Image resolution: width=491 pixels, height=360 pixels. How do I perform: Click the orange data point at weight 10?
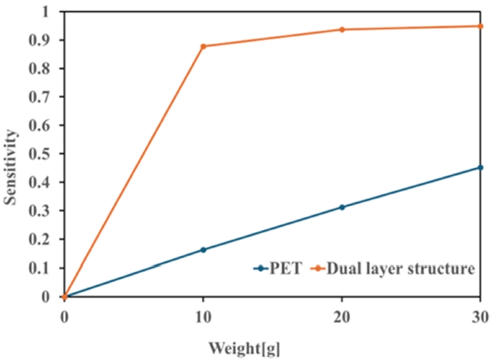tap(203, 46)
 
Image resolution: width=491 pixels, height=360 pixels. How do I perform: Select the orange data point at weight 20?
tap(342, 30)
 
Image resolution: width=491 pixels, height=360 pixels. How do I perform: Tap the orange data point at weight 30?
tap(481, 26)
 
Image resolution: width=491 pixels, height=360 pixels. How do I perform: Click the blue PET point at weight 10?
tap(203, 250)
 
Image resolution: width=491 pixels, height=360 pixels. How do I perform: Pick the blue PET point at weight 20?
tap(342, 207)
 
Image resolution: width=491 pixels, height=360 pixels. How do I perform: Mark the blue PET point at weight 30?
tap(481, 167)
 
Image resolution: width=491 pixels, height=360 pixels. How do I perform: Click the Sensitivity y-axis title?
tap(10, 160)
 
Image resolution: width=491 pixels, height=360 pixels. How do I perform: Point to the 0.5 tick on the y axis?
tap(45, 154)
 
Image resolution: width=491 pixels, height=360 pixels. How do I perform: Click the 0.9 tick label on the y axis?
tap(45, 40)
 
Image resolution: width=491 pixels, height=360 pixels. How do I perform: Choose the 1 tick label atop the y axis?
tap(50, 11)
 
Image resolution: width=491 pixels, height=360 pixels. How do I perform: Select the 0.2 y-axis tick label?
tap(45, 240)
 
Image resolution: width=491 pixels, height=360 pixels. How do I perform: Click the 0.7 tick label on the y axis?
tap(45, 97)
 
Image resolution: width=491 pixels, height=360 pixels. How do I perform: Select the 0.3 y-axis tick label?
tap(45, 211)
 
